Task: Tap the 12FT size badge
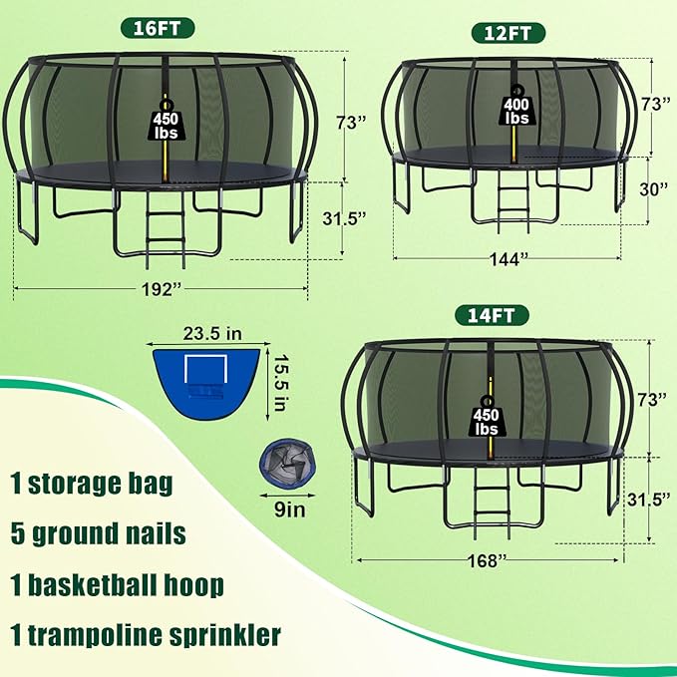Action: coord(508,33)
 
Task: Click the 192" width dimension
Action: coord(162,289)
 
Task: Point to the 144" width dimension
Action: coord(508,259)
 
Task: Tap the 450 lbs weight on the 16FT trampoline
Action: coord(166,123)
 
